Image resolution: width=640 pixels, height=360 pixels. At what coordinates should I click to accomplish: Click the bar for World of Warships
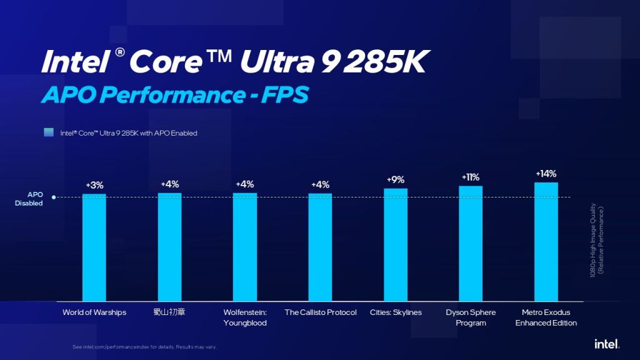94,247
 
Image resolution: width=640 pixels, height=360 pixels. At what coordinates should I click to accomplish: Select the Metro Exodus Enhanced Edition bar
546,241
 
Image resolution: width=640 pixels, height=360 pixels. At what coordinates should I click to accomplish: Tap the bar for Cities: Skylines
396,244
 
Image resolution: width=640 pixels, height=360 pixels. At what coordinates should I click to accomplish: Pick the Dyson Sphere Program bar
471,243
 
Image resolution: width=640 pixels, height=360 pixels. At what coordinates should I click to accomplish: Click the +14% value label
546,173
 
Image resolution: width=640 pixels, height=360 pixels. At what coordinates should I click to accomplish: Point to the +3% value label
94,185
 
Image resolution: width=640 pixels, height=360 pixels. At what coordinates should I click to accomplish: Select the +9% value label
396,179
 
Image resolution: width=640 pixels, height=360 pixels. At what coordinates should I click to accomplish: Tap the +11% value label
471,177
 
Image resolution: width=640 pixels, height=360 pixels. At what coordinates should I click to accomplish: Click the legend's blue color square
48,132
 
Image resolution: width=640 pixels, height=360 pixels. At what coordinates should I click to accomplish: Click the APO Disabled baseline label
31,199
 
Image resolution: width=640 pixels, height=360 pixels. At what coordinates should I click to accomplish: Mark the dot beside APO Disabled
54,197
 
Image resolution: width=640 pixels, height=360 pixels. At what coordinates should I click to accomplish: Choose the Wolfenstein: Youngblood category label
245,317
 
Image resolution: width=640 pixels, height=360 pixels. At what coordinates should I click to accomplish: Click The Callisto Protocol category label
320,312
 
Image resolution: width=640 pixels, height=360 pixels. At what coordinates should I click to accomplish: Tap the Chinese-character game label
169,312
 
